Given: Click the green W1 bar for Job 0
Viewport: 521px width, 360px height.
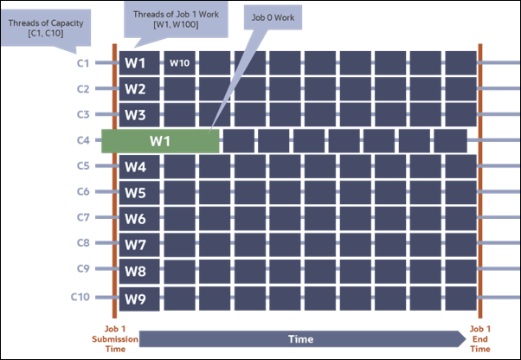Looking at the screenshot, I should pos(160,140).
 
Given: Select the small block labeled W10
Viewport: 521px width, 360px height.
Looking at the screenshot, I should pos(180,63).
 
